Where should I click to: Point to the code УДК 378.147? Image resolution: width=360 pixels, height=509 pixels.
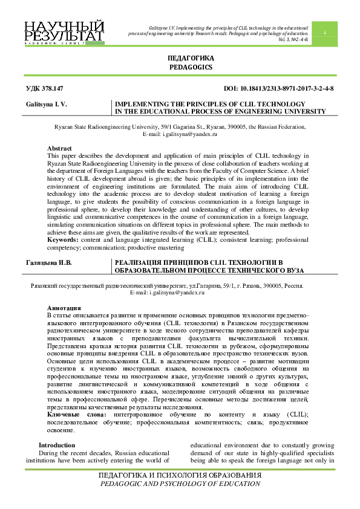click(45, 88)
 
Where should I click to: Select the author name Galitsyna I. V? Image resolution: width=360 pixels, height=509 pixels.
click(46, 104)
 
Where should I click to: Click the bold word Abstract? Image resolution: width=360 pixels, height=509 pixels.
click(59, 148)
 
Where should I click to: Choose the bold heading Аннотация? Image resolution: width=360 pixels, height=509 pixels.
click(64, 308)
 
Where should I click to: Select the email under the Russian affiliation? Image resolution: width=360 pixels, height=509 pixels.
click(168, 292)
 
